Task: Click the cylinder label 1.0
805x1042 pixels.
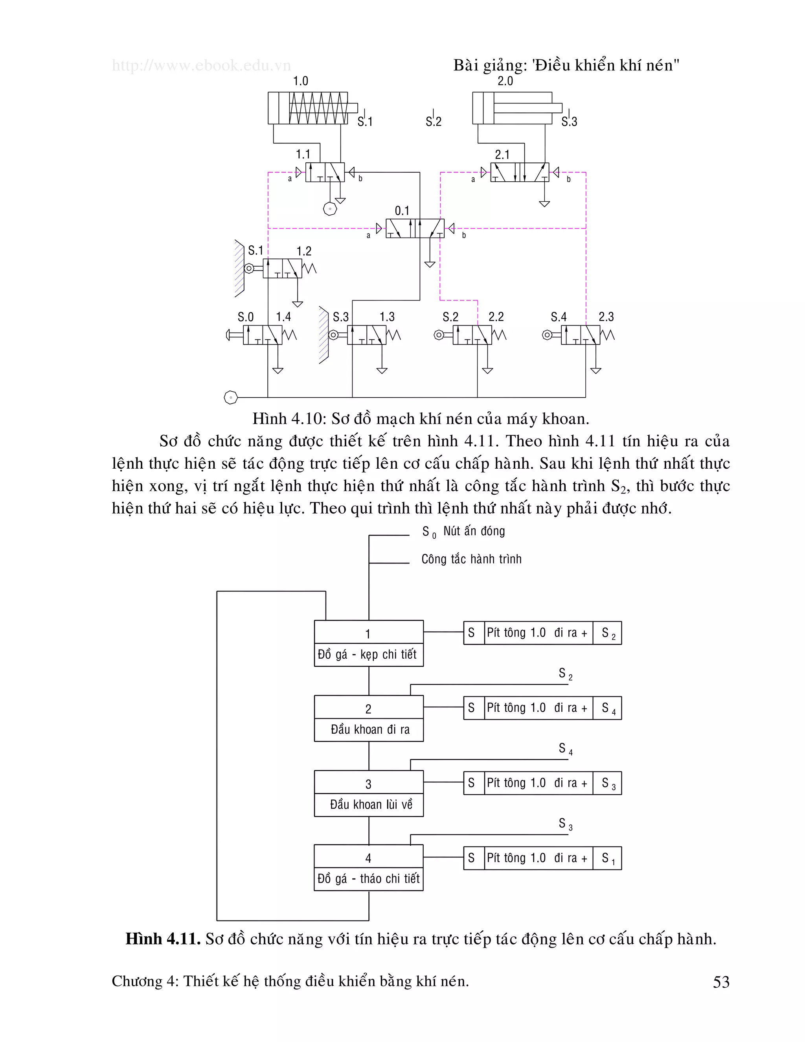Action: click(300, 81)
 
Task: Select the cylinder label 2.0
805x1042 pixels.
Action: click(505, 81)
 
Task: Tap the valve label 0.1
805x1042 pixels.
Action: click(402, 210)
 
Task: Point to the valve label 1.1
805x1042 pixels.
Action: click(303, 154)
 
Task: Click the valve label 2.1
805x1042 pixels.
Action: click(502, 155)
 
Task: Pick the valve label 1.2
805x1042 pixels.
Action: click(304, 251)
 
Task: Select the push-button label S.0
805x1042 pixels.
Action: click(246, 317)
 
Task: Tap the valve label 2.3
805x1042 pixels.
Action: click(606, 317)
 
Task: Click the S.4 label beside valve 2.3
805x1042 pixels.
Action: click(559, 317)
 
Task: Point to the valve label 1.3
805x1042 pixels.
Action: click(387, 317)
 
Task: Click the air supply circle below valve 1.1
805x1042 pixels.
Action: click(329, 209)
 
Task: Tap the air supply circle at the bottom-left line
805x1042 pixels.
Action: click(231, 397)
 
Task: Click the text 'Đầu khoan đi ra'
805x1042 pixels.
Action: click(370, 729)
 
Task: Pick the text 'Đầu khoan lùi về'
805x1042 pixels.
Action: click(371, 805)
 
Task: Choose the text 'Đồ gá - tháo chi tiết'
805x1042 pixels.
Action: click(369, 879)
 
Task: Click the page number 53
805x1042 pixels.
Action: click(721, 982)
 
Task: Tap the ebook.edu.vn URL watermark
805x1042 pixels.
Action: click(201, 65)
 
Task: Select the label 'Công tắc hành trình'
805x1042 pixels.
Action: click(471, 559)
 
